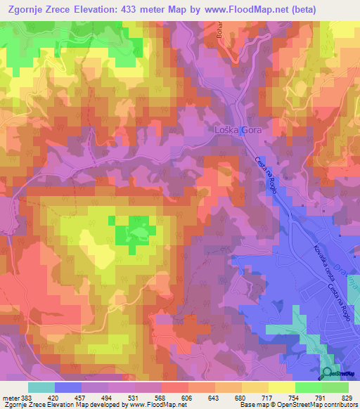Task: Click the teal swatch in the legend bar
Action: point(41,387)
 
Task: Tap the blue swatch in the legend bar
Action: point(68,387)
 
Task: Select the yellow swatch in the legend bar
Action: point(282,387)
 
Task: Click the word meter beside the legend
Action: point(9,398)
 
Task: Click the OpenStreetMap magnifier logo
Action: point(328,373)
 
